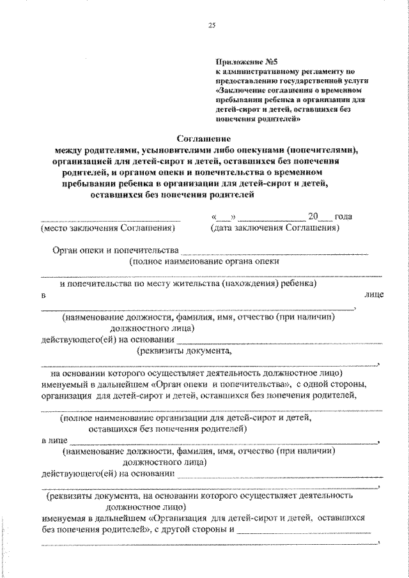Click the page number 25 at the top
[212, 25]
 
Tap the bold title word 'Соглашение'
[203, 138]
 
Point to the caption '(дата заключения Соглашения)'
[274, 227]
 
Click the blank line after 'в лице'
[224, 441]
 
